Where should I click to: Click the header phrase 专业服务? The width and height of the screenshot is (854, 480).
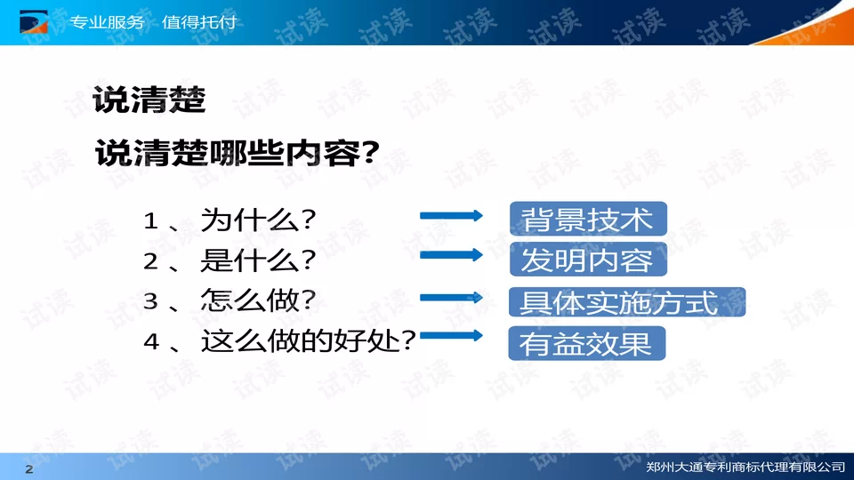107,21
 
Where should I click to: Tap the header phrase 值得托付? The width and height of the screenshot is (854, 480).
200,21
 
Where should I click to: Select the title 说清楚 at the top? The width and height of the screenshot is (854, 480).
149,99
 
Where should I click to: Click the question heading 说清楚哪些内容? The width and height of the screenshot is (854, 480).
238,154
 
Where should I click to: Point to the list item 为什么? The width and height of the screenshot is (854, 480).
261,220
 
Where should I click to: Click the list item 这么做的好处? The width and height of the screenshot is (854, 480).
309,340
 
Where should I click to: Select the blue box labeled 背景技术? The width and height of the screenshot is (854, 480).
588,220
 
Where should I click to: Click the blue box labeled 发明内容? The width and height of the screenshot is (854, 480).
588,260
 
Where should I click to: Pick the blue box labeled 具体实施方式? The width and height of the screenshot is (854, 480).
626,302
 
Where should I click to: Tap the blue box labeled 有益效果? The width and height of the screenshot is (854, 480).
586,344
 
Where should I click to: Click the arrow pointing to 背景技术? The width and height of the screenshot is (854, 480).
451,215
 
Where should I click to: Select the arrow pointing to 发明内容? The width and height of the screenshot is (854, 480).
451,255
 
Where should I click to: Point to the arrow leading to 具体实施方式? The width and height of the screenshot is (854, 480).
451,298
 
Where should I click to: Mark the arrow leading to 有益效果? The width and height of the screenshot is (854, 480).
451,336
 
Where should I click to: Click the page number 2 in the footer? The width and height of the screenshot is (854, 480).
28,468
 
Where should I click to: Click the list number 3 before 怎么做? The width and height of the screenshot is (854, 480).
150,301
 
